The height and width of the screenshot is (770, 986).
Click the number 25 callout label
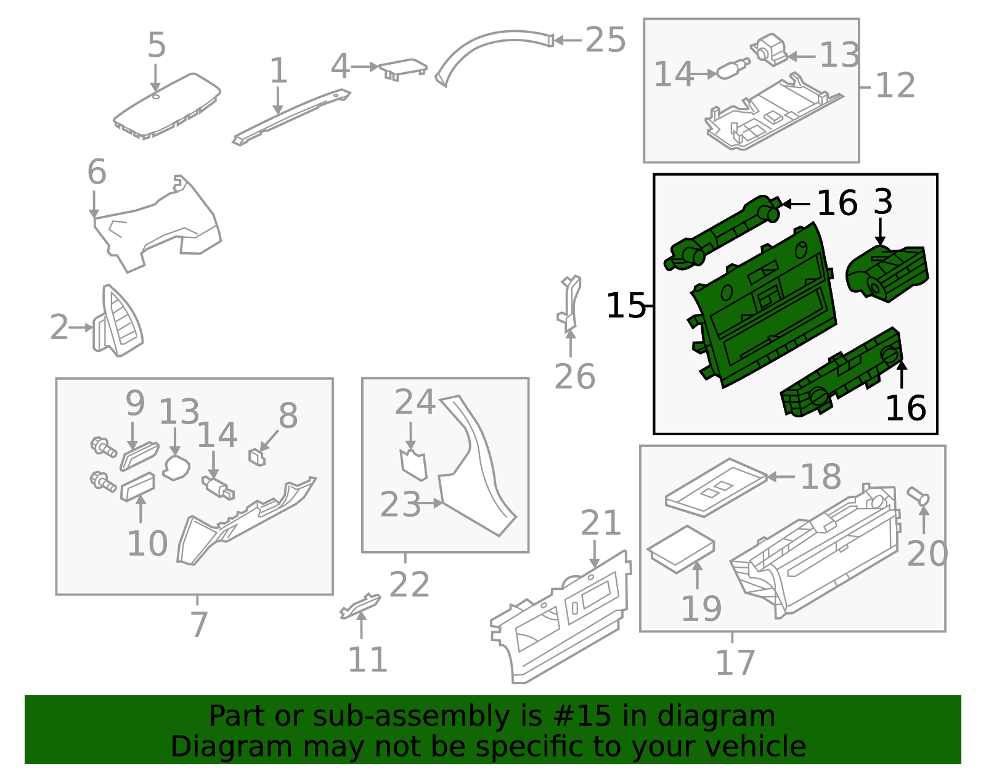click(x=605, y=41)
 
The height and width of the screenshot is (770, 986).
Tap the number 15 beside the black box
click(x=625, y=306)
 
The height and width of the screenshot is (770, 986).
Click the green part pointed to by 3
click(x=887, y=273)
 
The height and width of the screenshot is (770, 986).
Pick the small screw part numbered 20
click(x=919, y=496)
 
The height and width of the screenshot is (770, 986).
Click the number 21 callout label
click(x=601, y=524)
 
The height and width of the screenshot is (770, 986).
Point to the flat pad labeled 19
click(x=680, y=549)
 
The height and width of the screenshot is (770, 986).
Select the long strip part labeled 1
click(x=290, y=117)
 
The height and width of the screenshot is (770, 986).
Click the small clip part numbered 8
click(x=257, y=457)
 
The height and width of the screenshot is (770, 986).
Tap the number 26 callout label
click(x=574, y=377)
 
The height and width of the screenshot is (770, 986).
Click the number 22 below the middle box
click(x=409, y=584)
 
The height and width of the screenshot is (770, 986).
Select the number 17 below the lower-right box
click(x=735, y=663)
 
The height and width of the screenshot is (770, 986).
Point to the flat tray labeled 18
click(x=715, y=486)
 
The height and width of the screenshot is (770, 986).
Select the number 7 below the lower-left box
click(x=198, y=625)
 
